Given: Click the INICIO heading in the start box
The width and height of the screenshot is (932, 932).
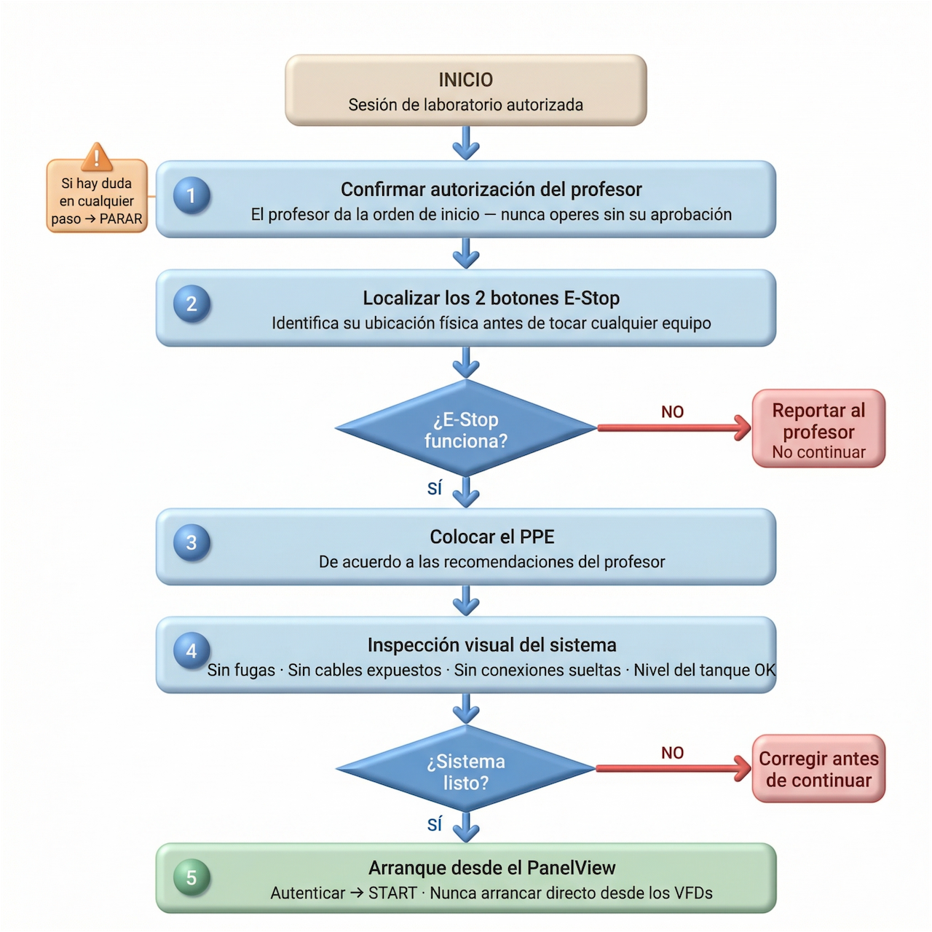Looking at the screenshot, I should pyautogui.click(x=465, y=79).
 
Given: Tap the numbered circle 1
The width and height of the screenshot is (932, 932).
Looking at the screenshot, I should pyautogui.click(x=191, y=195).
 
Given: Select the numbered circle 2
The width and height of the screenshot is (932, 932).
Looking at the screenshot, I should pyautogui.click(x=191, y=304).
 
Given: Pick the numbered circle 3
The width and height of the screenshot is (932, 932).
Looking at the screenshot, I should pyautogui.click(x=191, y=542).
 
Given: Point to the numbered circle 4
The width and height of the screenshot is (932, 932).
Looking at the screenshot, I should pyautogui.click(x=191, y=651).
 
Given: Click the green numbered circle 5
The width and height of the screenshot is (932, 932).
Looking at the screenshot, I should pyautogui.click(x=191, y=877).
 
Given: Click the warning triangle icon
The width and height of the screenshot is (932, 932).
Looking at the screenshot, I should pyautogui.click(x=97, y=157).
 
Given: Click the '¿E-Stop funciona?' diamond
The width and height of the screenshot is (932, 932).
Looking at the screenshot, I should pyautogui.click(x=466, y=429).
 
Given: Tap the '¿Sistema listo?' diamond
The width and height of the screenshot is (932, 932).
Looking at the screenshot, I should pyautogui.click(x=466, y=770).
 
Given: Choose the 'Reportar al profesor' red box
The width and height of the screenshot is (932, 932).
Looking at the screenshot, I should pyautogui.click(x=818, y=430).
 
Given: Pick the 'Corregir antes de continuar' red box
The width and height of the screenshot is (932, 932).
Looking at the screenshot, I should pyautogui.click(x=818, y=770).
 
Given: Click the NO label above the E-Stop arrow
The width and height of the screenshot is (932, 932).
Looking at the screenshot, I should pyautogui.click(x=672, y=412).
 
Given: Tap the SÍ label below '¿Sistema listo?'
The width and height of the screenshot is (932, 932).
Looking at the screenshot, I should pyautogui.click(x=435, y=824).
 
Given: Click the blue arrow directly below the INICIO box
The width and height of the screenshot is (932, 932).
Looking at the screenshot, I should pyautogui.click(x=465, y=143).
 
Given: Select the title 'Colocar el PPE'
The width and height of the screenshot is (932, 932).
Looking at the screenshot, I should pyautogui.click(x=492, y=537).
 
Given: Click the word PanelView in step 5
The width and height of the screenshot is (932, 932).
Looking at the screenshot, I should pyautogui.click(x=571, y=868).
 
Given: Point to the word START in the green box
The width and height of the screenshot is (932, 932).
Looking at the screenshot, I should pyautogui.click(x=392, y=893).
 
